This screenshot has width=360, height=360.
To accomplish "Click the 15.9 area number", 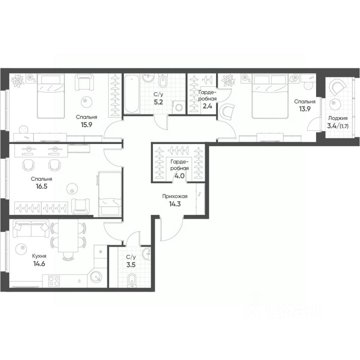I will [86, 124].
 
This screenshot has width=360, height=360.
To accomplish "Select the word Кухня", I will [39, 256].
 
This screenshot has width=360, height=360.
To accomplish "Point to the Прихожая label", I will [175, 196].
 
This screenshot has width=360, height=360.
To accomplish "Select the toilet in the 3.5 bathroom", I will [131, 279].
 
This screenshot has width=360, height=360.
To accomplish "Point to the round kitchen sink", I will [96, 278].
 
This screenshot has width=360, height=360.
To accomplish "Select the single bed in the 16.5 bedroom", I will [109, 193].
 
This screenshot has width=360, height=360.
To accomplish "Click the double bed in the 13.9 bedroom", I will [268, 96].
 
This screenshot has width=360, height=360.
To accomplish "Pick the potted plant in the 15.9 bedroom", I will [17, 81].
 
